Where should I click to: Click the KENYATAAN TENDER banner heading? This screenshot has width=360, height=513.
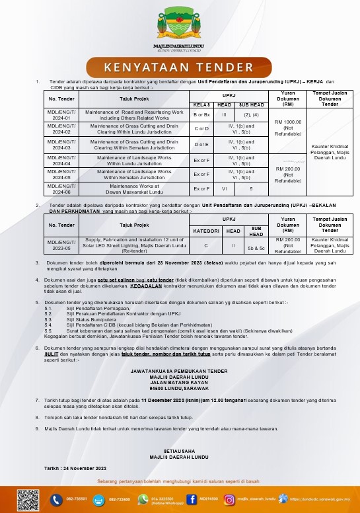pos(180,67)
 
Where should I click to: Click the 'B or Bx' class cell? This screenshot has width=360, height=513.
pos(201,115)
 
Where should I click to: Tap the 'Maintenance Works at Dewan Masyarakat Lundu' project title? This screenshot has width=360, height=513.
pos(129,188)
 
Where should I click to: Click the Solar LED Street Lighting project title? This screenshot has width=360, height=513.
pos(129,245)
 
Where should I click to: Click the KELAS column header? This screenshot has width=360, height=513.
pos(201,104)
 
